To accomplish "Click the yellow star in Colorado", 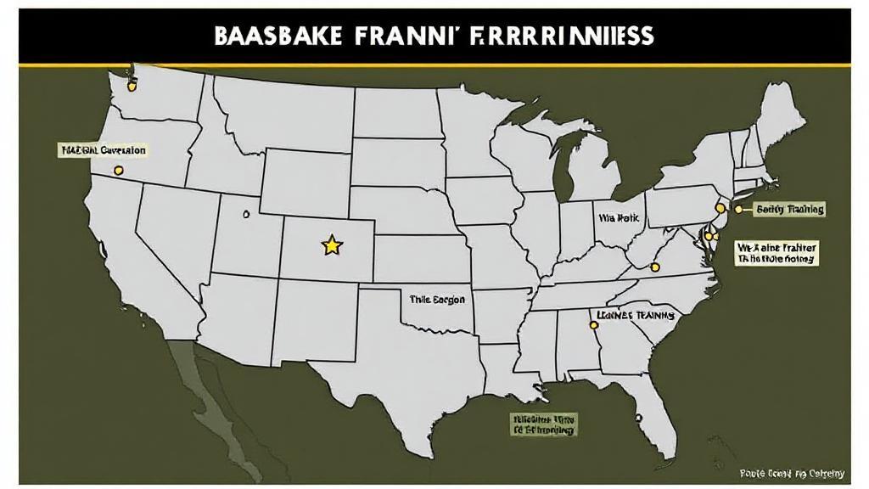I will click(331, 245).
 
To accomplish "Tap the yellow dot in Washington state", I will click(131, 84).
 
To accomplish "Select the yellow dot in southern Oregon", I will click(118, 171).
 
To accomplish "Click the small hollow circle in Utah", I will click(246, 213).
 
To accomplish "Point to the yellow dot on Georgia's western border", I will click(593, 323).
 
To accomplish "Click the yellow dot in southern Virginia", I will click(654, 267).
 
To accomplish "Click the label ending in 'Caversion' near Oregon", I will click(103, 150).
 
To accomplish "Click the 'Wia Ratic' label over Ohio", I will click(617, 217).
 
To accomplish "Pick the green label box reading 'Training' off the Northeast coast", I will click(789, 209).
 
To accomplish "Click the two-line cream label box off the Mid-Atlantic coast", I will click(776, 253).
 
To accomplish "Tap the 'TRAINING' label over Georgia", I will click(636, 315).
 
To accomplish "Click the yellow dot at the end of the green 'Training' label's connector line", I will click(738, 208).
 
